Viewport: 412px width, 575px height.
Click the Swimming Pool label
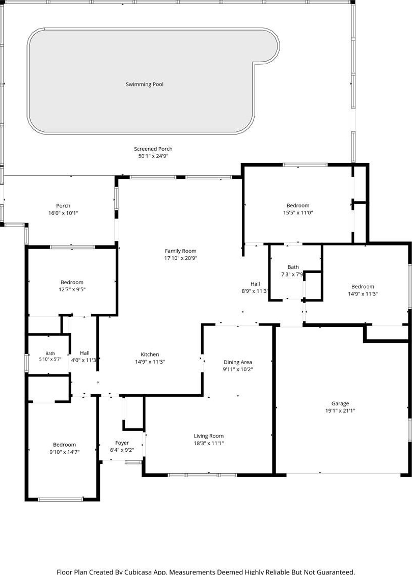pyautogui.click(x=145, y=85)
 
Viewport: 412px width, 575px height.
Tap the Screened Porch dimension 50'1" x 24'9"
pyautogui.click(x=153, y=156)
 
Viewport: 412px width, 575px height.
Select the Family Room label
pyautogui.click(x=180, y=251)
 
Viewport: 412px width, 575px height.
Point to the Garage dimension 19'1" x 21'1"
pyautogui.click(x=340, y=410)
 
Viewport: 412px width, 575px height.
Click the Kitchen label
pyautogui.click(x=150, y=354)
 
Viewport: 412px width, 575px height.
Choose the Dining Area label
pyautogui.click(x=237, y=362)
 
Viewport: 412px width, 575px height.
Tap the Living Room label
pyautogui.click(x=209, y=436)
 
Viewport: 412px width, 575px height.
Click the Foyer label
pyautogui.click(x=122, y=443)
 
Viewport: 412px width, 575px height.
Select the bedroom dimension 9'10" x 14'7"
pyautogui.click(x=65, y=452)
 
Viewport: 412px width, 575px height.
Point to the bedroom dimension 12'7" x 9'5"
pyautogui.click(x=72, y=289)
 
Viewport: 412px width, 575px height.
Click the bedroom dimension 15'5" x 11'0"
pyautogui.click(x=298, y=213)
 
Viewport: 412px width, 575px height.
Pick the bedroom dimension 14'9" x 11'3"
pyautogui.click(x=363, y=294)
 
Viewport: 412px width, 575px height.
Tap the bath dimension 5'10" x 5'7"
pyautogui.click(x=50, y=360)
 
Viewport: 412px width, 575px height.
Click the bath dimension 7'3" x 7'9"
pyautogui.click(x=292, y=275)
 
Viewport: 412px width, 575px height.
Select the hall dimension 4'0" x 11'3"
pyautogui.click(x=84, y=360)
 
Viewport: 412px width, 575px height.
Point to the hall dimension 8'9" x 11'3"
pyautogui.click(x=255, y=291)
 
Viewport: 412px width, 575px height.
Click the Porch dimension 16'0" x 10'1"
pyautogui.click(x=64, y=213)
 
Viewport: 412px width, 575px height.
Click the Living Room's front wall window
pyautogui.click(x=202, y=475)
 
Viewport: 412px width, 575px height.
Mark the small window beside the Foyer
pyautogui.click(x=133, y=462)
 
